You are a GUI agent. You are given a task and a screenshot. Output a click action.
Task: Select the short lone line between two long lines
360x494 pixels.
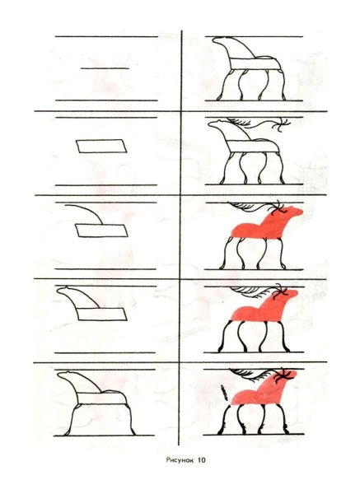click(x=105, y=68)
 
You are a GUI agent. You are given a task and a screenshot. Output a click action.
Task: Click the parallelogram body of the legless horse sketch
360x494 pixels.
click(x=101, y=311)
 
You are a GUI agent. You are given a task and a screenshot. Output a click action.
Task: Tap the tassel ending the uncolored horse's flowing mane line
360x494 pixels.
click(x=282, y=125)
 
